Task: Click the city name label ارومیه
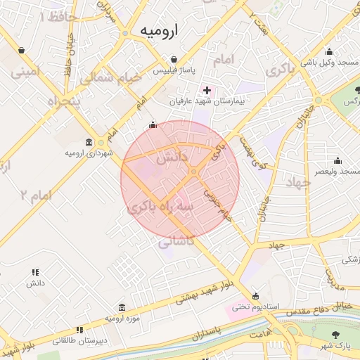pyautogui.click(x=160, y=30)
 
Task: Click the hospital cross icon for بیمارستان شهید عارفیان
pyautogui.click(x=207, y=89)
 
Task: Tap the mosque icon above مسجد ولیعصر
pyautogui.click(x=337, y=160)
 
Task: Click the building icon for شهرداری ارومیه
pyautogui.click(x=89, y=141)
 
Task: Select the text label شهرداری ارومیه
pyautogui.click(x=89, y=153)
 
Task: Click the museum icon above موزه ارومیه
pyautogui.click(x=122, y=307)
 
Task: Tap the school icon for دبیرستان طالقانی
pyautogui.click(x=79, y=329)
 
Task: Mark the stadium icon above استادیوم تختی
pyautogui.click(x=255, y=295)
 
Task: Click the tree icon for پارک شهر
pyautogui.click(x=335, y=335)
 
